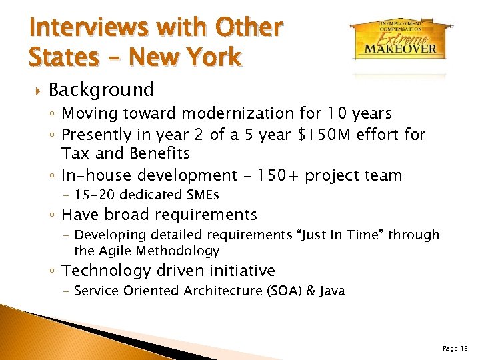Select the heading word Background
click(x=101, y=89)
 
